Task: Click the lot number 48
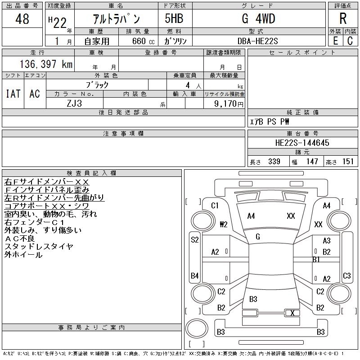pos(22,19)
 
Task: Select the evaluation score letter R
pos(342,19)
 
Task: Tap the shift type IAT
pos(13,94)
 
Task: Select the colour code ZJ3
pos(74,103)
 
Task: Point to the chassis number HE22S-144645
pos(302,143)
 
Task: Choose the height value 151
pos(348,162)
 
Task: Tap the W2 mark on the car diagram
pos(223,224)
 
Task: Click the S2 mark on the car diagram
pos(195,240)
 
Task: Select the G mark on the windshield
pos(258,237)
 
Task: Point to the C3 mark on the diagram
pos(346,275)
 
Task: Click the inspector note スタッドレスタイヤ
pos(39,247)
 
